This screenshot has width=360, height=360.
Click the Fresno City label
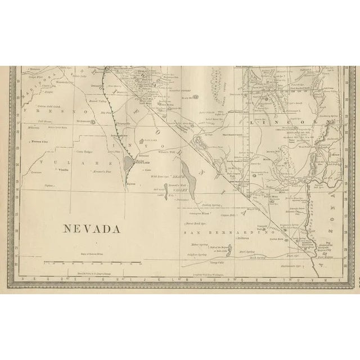(42, 141)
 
